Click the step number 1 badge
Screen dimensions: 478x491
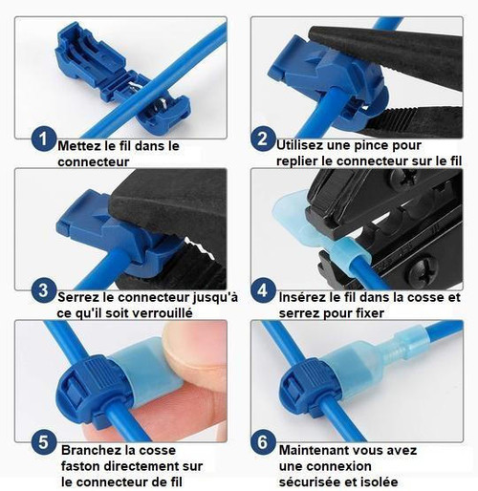[x=44, y=139]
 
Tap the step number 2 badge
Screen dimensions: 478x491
[x=263, y=139]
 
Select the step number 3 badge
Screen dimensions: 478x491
[x=44, y=290]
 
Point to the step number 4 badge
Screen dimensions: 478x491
[x=263, y=290]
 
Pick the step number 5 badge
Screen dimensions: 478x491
[x=44, y=442]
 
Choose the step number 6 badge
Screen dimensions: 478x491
[x=263, y=442]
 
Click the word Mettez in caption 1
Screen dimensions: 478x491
[x=79, y=146]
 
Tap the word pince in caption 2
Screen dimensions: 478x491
[x=367, y=145]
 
